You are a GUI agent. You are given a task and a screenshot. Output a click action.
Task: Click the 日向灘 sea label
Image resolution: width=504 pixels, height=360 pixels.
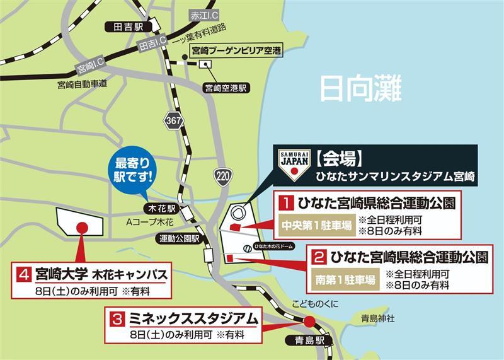[x=360, y=89]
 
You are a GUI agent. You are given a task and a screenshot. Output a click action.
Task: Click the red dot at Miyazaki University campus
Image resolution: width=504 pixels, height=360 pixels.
[x=81, y=228]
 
